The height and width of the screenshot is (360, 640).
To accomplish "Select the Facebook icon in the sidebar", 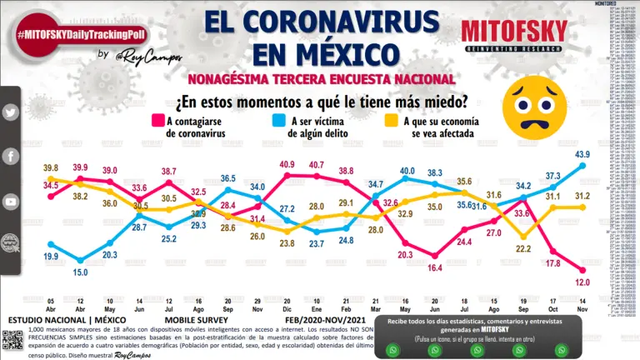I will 11,157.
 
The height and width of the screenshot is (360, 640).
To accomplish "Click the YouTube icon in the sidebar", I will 11,202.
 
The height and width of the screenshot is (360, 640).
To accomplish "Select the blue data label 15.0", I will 80,272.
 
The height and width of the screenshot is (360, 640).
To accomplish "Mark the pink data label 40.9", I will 286,164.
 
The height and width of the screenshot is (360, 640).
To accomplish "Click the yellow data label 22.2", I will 523,249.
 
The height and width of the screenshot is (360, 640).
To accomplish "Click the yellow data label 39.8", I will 50,167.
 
